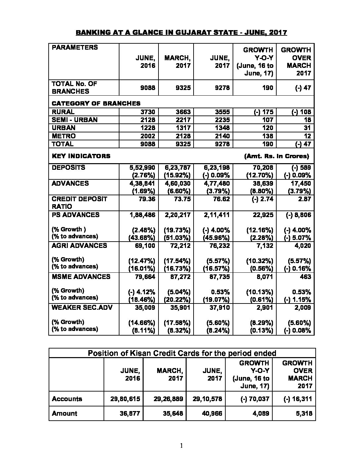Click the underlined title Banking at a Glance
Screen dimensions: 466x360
(181, 32)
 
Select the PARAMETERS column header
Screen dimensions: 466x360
(75, 47)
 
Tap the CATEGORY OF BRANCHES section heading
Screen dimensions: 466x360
(96, 103)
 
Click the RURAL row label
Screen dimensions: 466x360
(63, 112)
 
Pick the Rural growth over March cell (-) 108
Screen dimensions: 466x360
(301, 112)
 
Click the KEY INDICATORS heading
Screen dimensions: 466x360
(81, 156)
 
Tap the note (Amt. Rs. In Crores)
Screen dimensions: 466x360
(276, 156)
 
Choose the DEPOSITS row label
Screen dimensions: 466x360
(68, 167)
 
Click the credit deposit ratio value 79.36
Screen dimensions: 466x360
(146, 199)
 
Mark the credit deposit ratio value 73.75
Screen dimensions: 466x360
(182, 199)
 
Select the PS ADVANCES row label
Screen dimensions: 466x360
(75, 215)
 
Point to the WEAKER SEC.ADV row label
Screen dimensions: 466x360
(82, 307)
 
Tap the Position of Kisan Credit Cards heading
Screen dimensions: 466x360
(182, 353)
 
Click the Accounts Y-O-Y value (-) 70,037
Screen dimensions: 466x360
(254, 399)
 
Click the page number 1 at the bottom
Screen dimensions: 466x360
(181, 446)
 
